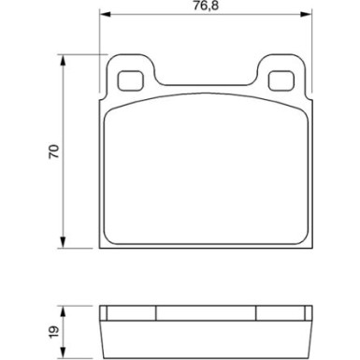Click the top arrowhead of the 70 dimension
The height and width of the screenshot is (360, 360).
coord(64,57)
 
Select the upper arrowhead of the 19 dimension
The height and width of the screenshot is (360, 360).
coord(64,310)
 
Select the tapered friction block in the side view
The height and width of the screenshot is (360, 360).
coord(206,338)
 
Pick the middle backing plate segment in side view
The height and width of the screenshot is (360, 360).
coord(206,313)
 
